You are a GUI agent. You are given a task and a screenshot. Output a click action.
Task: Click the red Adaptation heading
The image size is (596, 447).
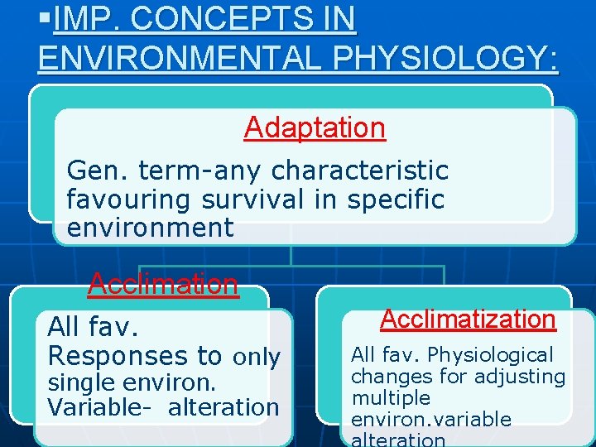coord(315,127)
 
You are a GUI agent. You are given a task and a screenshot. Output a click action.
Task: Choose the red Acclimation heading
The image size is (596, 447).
coord(163,284)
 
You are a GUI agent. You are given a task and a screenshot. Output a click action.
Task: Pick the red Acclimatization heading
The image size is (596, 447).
coord(468,319)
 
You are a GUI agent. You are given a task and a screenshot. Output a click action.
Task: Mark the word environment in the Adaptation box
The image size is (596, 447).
coord(150,228)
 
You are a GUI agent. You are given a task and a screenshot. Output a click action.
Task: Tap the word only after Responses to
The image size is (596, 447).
coord(256,357)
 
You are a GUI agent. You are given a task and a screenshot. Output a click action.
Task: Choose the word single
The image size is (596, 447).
coord(83,383)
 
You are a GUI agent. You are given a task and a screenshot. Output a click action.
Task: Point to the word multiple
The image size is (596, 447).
coord(391,398)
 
